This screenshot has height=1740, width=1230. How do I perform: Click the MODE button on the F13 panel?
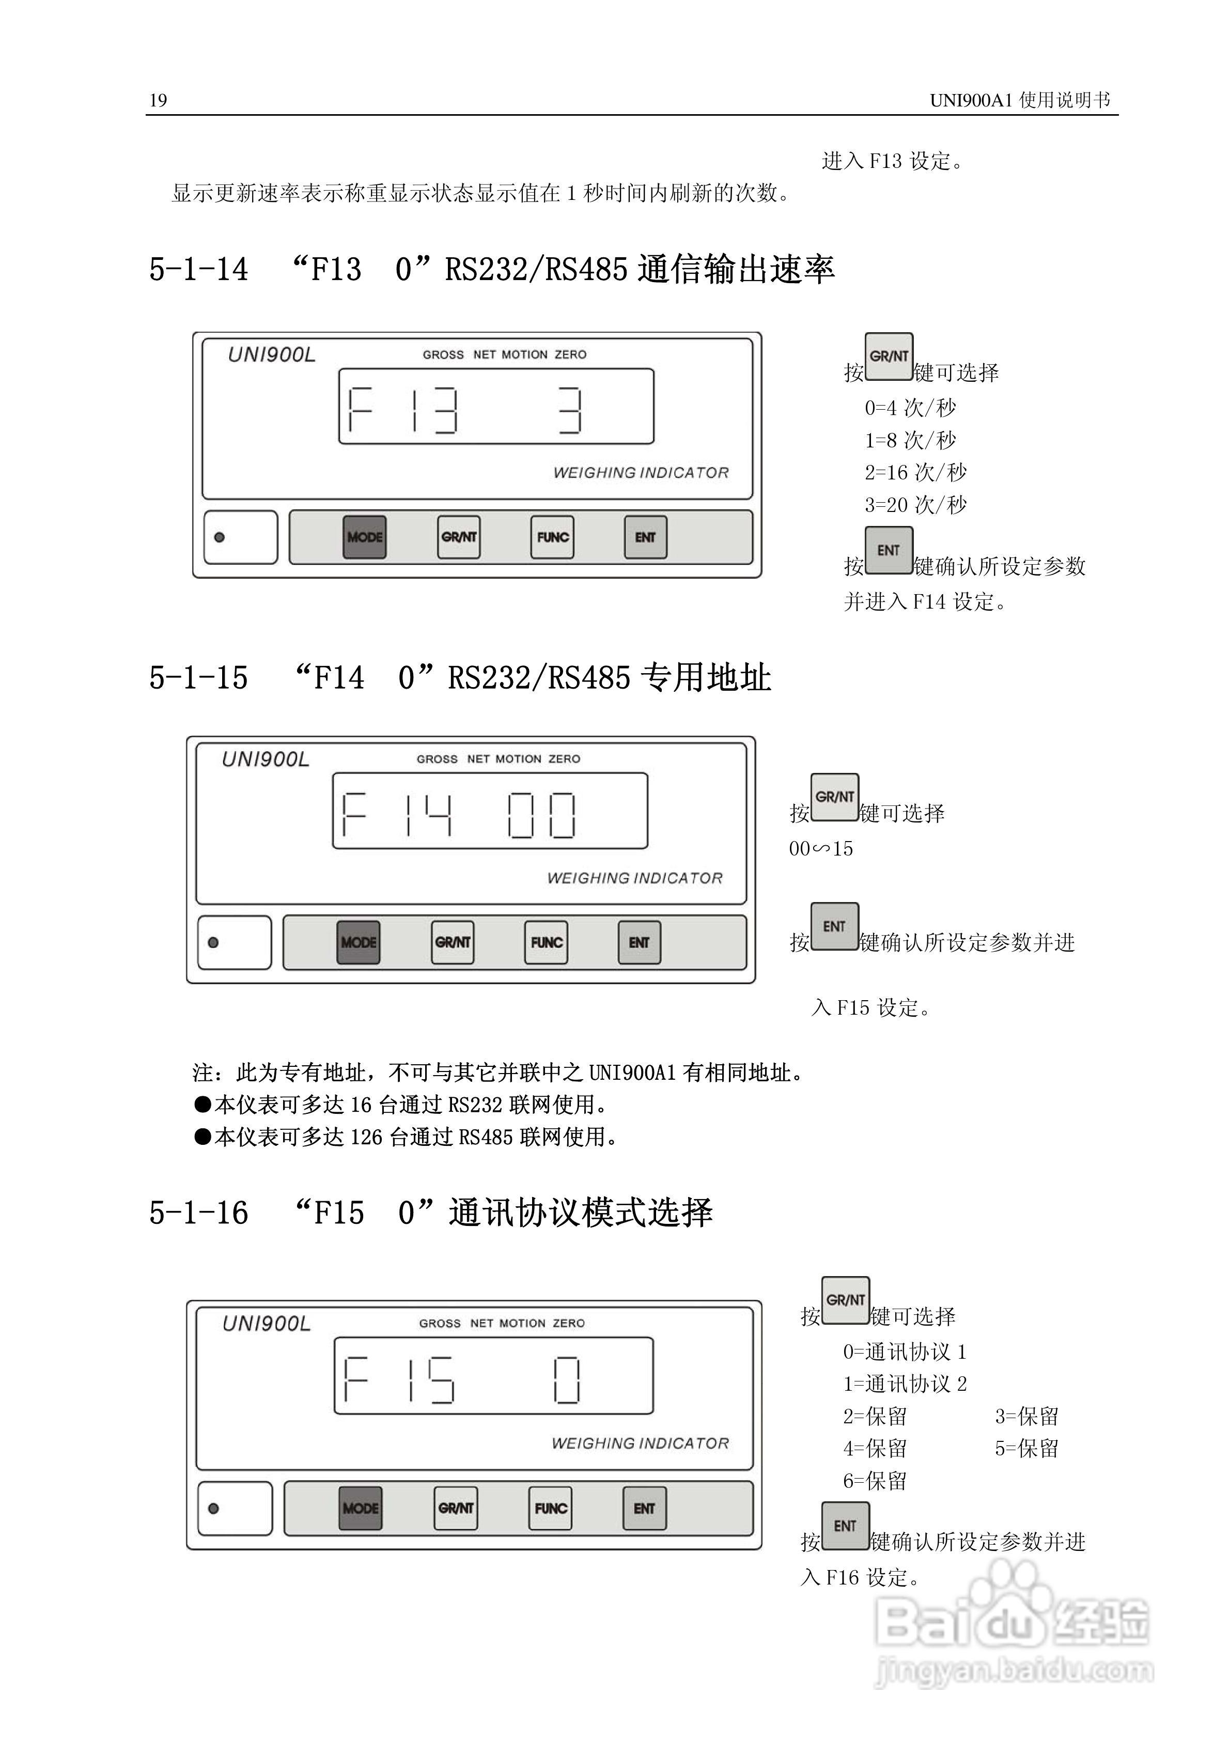click(x=365, y=537)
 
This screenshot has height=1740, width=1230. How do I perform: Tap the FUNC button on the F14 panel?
click(x=547, y=943)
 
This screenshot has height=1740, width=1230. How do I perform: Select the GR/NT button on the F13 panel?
click(x=459, y=537)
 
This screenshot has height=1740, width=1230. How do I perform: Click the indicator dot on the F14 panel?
click(x=213, y=943)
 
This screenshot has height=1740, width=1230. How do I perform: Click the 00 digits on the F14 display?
click(x=541, y=815)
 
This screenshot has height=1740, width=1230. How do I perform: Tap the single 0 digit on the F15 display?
click(x=566, y=1380)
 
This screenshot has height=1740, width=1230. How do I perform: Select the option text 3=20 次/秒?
click(x=915, y=505)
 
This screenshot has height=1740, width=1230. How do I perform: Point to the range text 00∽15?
click(x=821, y=849)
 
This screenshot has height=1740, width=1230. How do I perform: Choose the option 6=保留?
click(x=875, y=1481)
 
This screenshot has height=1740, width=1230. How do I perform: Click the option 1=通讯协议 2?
click(x=905, y=1384)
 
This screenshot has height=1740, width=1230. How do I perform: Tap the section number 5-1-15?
click(x=198, y=677)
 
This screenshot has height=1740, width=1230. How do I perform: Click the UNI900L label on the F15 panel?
click(x=266, y=1324)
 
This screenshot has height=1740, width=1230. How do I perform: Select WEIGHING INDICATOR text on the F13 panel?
click(x=641, y=473)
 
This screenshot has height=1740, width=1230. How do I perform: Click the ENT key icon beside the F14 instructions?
click(x=834, y=926)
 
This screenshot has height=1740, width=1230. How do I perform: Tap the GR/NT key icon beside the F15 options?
click(x=845, y=1300)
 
